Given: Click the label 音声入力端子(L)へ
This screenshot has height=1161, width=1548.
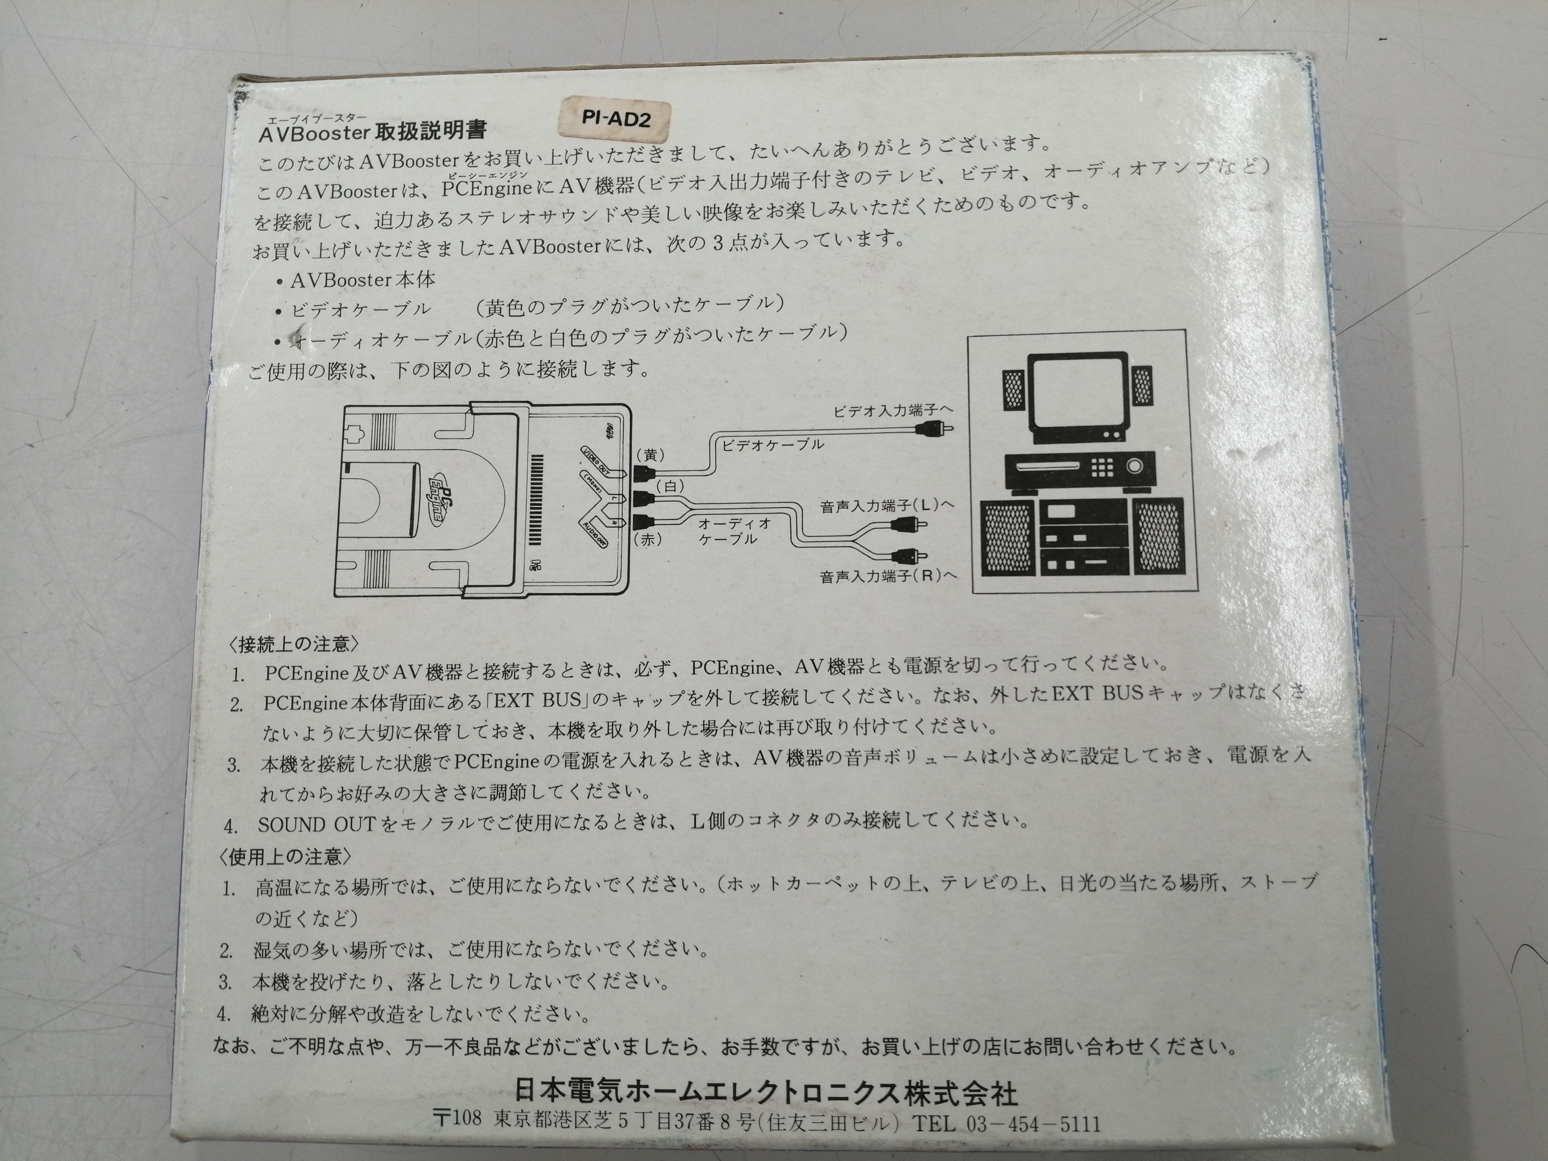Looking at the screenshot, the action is click(x=887, y=505).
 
